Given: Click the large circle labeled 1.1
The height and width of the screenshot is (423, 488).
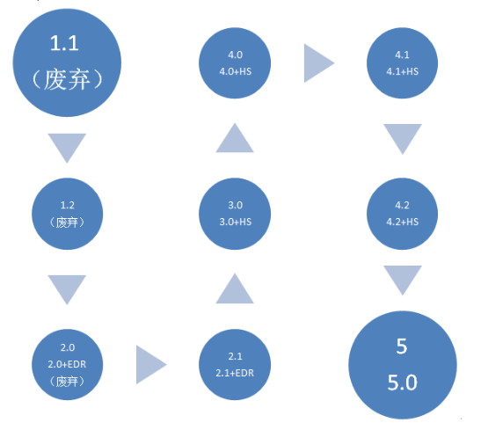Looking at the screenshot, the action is [x=67, y=62].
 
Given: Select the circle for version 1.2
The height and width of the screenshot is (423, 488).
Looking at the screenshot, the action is [x=67, y=214].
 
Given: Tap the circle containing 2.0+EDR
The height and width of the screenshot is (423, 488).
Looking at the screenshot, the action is [x=67, y=364].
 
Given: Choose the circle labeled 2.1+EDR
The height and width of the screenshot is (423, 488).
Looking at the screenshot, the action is [x=235, y=364].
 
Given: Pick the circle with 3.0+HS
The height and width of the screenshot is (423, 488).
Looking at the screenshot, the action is [x=235, y=214].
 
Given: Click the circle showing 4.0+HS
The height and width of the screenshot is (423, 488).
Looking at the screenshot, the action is [x=235, y=63].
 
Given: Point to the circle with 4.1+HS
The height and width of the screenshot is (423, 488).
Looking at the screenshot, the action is [x=402, y=63].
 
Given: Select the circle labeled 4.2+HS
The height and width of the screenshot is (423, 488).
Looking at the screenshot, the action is [x=402, y=214].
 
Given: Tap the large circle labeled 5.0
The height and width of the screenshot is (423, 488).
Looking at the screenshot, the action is [x=403, y=365].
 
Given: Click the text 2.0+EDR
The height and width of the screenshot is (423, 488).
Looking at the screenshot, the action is [x=67, y=364].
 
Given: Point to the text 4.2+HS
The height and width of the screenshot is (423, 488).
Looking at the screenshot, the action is [x=403, y=222].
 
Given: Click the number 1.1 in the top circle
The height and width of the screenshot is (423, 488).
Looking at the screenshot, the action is [x=64, y=43].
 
